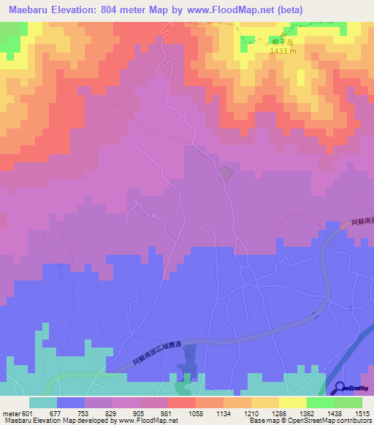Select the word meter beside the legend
(13, 413)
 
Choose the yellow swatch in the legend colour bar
(292, 402)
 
